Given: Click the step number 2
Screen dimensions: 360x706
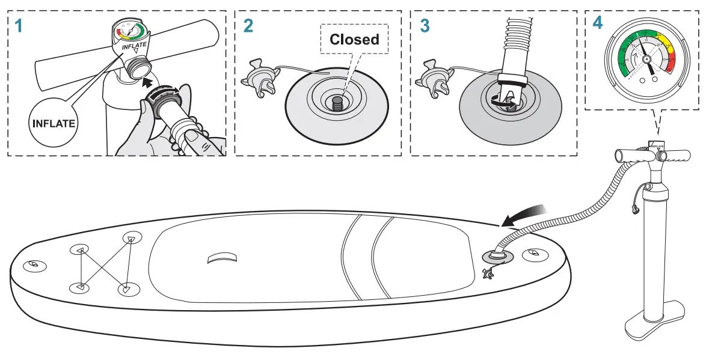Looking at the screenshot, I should pyautogui.click(x=248, y=26).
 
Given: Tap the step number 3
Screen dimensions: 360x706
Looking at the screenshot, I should pyautogui.click(x=425, y=26).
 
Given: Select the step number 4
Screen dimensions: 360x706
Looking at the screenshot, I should pyautogui.click(x=597, y=23).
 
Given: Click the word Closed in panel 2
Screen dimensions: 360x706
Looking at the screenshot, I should pyautogui.click(x=354, y=40).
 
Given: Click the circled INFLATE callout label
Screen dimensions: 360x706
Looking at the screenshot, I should pyautogui.click(x=54, y=124).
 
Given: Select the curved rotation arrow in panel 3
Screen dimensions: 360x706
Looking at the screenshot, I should pyautogui.click(x=499, y=104).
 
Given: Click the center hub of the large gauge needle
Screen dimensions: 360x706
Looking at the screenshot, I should pyautogui.click(x=646, y=59).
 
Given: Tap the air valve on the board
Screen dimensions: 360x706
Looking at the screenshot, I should pyautogui.click(x=497, y=256).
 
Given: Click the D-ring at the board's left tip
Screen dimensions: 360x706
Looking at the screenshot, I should pyautogui.click(x=33, y=265).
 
